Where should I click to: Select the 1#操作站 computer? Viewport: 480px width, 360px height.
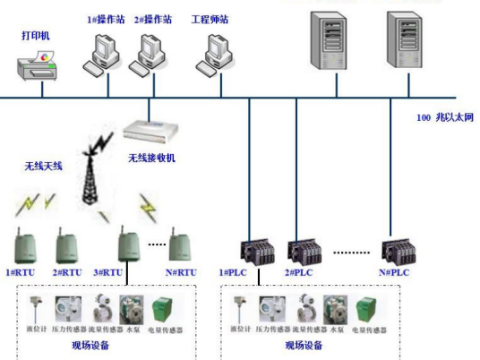[x=100, y=55]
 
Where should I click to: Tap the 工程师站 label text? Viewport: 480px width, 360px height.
[x=210, y=19]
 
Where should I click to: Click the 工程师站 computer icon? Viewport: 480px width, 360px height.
[x=216, y=55]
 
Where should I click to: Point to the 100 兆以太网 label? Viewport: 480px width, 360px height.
[x=444, y=117]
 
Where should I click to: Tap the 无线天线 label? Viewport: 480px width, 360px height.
[x=43, y=167]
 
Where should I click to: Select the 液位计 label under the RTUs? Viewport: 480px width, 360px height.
[x=35, y=330]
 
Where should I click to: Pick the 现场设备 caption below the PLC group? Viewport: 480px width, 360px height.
[x=306, y=345]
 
